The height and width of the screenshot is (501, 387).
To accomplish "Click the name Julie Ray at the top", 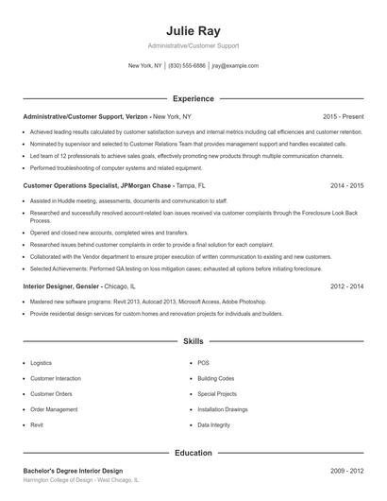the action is coord(193,29).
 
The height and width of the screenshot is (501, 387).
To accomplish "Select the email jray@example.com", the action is coord(235,66).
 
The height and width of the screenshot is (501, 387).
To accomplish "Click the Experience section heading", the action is coord(193,98).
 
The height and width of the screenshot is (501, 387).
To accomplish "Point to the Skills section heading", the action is coord(193,340).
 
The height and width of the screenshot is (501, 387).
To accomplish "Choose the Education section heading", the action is coord(193,453).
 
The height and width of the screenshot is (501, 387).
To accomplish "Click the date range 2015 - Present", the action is coord(343,116).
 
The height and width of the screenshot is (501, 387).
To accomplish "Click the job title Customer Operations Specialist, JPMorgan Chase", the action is coord(97,185).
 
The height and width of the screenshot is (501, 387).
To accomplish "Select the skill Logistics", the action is coord(42,362).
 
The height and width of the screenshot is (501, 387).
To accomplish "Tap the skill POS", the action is coord(203,362).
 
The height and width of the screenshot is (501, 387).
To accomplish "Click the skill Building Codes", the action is coord(215,378).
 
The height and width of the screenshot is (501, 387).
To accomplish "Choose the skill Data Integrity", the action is coord(213,425).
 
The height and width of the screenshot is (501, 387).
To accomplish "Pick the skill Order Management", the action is coord(54,409).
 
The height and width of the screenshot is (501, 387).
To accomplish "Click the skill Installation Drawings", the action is coord(223,409).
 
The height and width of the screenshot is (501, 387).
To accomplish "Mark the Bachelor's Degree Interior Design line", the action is coord(73,470).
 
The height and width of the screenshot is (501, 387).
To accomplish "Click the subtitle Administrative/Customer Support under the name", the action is coord(193,45).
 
